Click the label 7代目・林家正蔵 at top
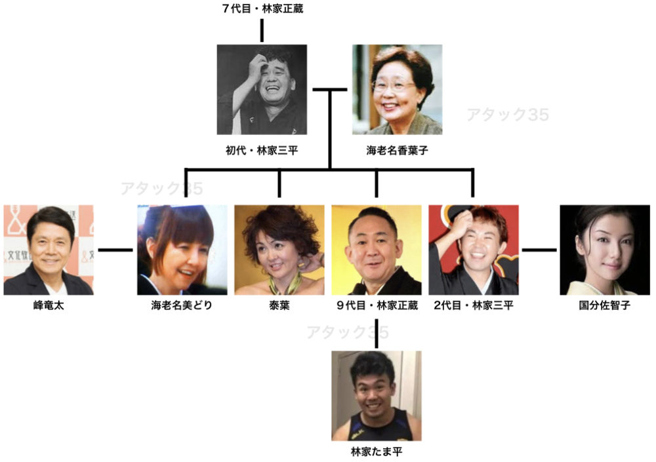(262, 9)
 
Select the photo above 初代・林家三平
(262, 90)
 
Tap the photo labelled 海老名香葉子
(397, 90)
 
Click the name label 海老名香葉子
(397, 150)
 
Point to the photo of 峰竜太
(48, 250)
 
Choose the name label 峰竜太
(48, 305)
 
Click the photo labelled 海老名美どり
(182, 250)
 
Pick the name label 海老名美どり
(182, 305)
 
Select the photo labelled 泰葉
(279, 250)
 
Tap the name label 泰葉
(279, 305)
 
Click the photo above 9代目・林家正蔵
(376, 250)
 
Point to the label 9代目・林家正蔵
(377, 305)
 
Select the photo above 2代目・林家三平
(473, 250)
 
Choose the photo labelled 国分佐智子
(605, 250)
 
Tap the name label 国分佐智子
(605, 305)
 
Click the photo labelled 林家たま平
(376, 396)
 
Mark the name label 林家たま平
(376, 452)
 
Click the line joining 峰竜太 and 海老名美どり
(115, 250)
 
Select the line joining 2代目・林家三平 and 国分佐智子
(539, 250)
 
